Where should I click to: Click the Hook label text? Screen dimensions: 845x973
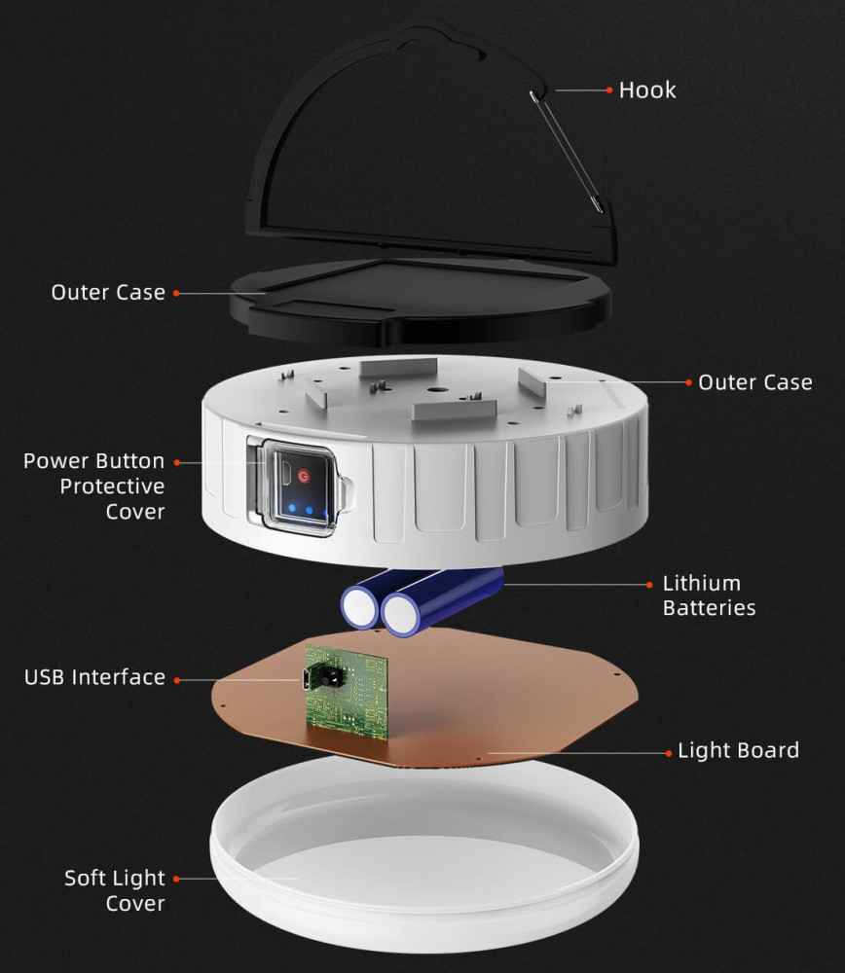(647, 90)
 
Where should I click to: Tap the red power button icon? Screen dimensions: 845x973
(303, 476)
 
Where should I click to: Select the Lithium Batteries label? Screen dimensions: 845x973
(709, 595)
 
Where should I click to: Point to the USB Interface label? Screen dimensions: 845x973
(95, 677)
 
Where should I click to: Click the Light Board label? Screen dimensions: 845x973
(738, 750)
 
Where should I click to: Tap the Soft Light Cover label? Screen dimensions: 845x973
(115, 890)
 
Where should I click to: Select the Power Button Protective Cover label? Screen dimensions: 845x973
(93, 486)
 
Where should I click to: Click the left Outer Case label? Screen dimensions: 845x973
(108, 292)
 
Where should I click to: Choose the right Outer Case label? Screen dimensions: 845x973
(755, 382)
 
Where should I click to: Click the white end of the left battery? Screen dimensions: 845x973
(359, 607)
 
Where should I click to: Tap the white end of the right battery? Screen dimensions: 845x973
(400, 614)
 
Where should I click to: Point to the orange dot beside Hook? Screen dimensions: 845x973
(609, 90)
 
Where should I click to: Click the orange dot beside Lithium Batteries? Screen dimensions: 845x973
(649, 585)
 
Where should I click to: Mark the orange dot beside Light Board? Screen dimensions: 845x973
(668, 753)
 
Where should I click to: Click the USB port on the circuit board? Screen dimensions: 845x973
(307, 678)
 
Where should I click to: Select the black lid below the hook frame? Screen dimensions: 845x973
(420, 301)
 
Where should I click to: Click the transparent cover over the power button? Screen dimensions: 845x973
(301, 487)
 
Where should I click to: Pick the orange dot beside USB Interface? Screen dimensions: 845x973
(177, 680)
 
